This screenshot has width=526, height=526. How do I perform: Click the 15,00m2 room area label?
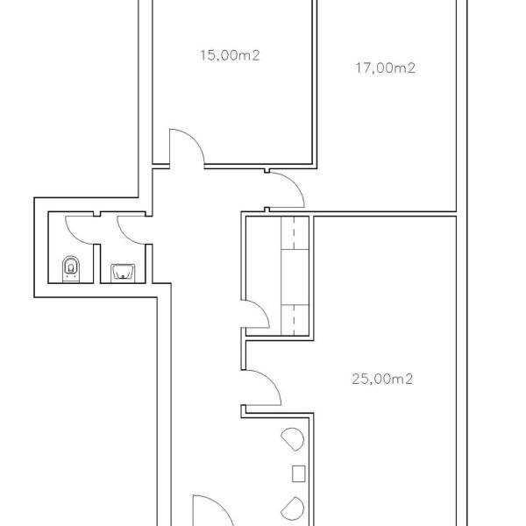230,55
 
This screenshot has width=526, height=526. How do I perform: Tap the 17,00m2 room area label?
386,68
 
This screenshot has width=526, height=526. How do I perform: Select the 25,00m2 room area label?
382,379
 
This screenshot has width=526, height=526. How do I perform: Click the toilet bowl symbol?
71,269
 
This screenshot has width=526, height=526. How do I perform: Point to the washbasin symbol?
123,273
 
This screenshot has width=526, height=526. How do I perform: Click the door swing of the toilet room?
73,236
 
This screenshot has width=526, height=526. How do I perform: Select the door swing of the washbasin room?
125,236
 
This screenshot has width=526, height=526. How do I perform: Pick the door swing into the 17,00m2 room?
295,183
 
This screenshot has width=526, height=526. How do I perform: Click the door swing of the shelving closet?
261,309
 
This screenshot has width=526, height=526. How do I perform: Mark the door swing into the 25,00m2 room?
270,380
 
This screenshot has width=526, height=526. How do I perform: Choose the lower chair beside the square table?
293,508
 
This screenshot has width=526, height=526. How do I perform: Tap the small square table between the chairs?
299,473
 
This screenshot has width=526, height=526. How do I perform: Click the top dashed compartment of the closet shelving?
295,233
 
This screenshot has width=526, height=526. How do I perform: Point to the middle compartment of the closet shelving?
295,277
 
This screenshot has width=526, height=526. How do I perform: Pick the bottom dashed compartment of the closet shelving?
295,320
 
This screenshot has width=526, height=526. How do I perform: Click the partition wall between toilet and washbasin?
97,264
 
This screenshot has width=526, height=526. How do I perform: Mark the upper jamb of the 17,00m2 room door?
267,171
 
